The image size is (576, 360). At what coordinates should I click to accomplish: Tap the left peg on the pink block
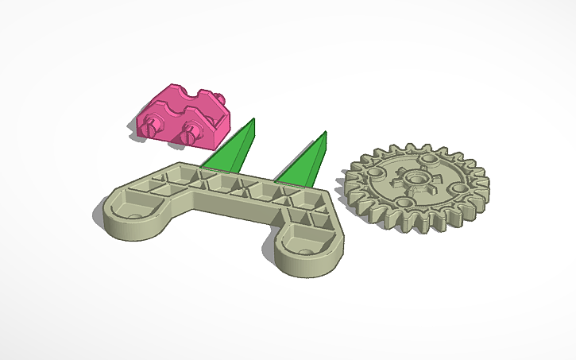pyautogui.click(x=157, y=126)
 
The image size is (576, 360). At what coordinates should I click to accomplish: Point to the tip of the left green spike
pyautogui.click(x=253, y=120)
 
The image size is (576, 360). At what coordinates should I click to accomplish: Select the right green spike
pyautogui.click(x=305, y=162)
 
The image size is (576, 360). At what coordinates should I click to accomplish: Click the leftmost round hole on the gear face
pyautogui.click(x=373, y=171)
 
